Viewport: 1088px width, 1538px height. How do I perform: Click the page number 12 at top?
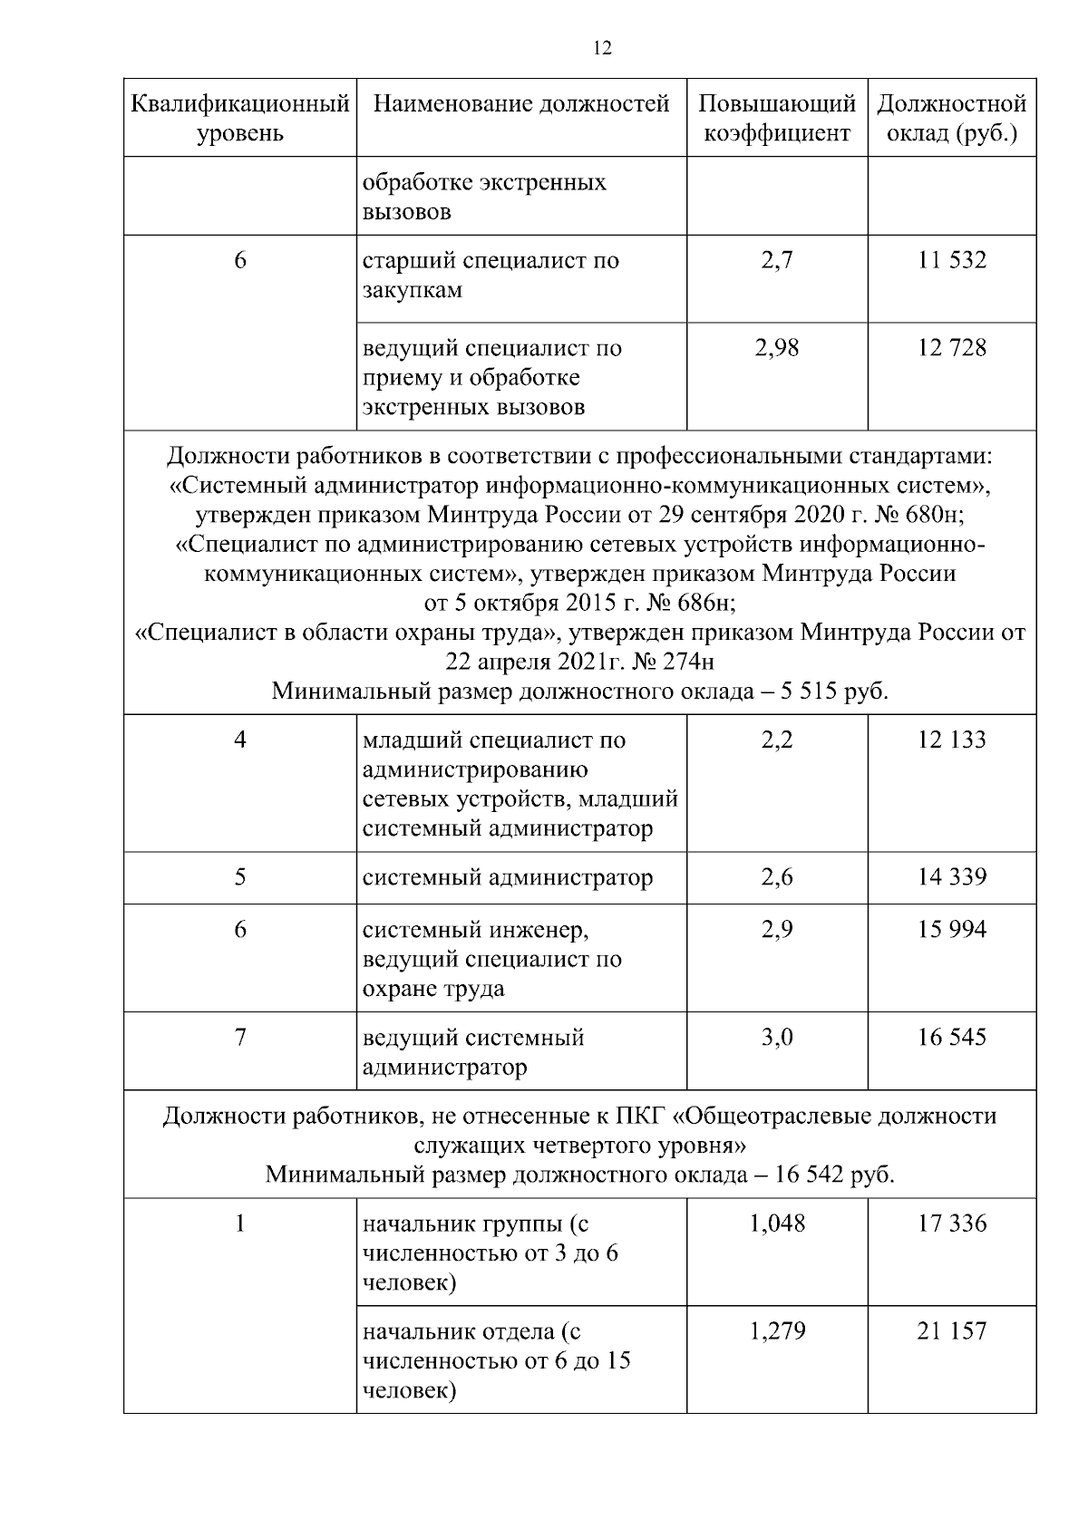pos(602,49)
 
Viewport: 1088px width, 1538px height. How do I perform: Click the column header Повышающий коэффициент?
pos(777,119)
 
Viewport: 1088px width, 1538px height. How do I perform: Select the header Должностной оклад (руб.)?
pos(951,119)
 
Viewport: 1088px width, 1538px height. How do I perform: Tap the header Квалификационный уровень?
pos(240,119)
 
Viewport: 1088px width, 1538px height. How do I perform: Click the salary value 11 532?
pos(951,261)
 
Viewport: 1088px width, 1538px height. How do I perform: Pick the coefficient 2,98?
pos(777,348)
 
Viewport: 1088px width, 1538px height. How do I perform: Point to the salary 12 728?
pos(951,348)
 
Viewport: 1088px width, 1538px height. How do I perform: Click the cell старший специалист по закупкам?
pos(491,276)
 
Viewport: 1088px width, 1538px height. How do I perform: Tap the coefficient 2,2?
pos(777,740)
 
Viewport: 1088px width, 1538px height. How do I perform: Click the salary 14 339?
pos(951,877)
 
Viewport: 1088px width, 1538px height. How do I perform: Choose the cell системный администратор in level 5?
pos(508,877)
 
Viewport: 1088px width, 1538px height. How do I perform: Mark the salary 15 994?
pos(951,930)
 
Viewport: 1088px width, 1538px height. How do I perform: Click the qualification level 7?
pos(240,1038)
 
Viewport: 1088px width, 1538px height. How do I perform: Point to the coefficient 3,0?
pos(777,1038)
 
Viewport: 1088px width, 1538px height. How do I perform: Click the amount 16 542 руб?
pos(834,1175)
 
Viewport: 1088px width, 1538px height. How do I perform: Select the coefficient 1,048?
pos(777,1224)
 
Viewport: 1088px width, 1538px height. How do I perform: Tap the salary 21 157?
pos(951,1332)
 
